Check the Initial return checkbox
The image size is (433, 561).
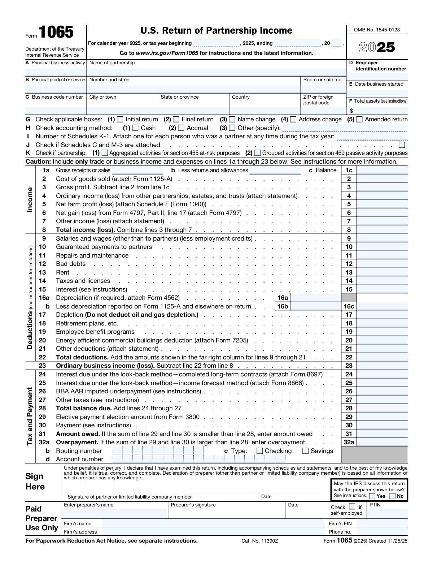pos(120,119)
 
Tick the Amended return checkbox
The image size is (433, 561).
pos(359,119)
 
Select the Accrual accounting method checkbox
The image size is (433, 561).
pos(181,128)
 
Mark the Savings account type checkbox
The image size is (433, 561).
pos(306,451)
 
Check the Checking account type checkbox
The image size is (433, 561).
pos(259,451)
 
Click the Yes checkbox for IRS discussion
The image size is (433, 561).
pos(372,496)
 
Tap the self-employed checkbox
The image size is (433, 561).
pos(352,507)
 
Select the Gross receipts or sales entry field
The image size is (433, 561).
pos(137,171)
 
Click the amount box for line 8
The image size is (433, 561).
pos(382,230)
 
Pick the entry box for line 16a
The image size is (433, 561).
pos(316,298)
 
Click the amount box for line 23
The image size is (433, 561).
pos(382,366)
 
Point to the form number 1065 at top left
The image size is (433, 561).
pos(56,33)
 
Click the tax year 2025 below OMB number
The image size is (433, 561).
pos(377,47)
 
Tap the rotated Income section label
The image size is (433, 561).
pos(30,200)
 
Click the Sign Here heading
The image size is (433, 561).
pos(35,482)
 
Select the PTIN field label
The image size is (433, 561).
pos(375,505)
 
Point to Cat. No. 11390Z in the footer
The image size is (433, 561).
pos(260,541)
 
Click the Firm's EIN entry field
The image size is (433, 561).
pos(382,523)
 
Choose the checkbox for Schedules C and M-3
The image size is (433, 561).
pos(402,145)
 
